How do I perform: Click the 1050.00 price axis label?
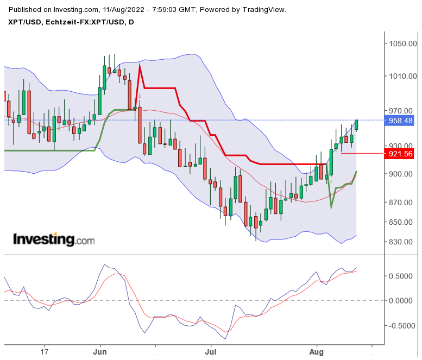pyautogui.click(x=402, y=44)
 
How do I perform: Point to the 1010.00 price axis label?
pyautogui.click(x=402, y=77)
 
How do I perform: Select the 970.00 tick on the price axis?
pyautogui.click(x=402, y=111)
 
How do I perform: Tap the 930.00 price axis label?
pyautogui.click(x=402, y=146)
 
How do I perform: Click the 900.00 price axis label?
pyautogui.click(x=402, y=174)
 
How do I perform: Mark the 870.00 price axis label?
pyautogui.click(x=402, y=203)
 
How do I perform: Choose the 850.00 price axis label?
pyautogui.click(x=402, y=222)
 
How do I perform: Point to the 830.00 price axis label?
pyautogui.click(x=402, y=242)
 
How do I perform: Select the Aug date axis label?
pyautogui.click(x=317, y=351)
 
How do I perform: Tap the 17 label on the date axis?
pyautogui.click(x=45, y=351)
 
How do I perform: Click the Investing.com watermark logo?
pyautogui.click(x=53, y=239)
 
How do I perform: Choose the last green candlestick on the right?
pyautogui.click(x=357, y=125)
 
